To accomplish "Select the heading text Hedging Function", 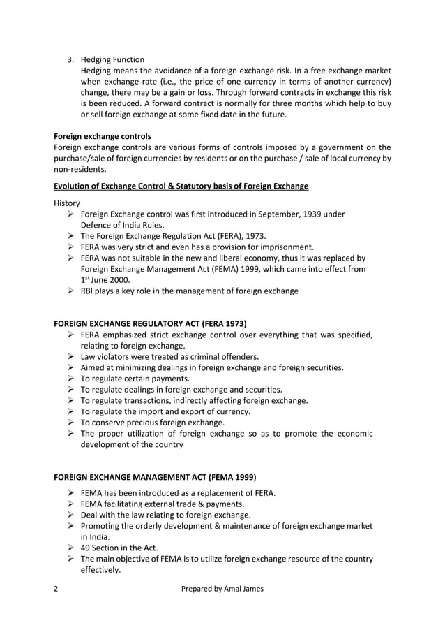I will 113,59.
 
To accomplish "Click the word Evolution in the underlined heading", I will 75,186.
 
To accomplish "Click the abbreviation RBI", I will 89,291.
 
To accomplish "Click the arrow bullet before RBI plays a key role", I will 70,291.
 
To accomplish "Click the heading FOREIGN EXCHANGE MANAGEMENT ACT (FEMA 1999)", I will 155,477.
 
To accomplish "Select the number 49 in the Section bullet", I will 86,548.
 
